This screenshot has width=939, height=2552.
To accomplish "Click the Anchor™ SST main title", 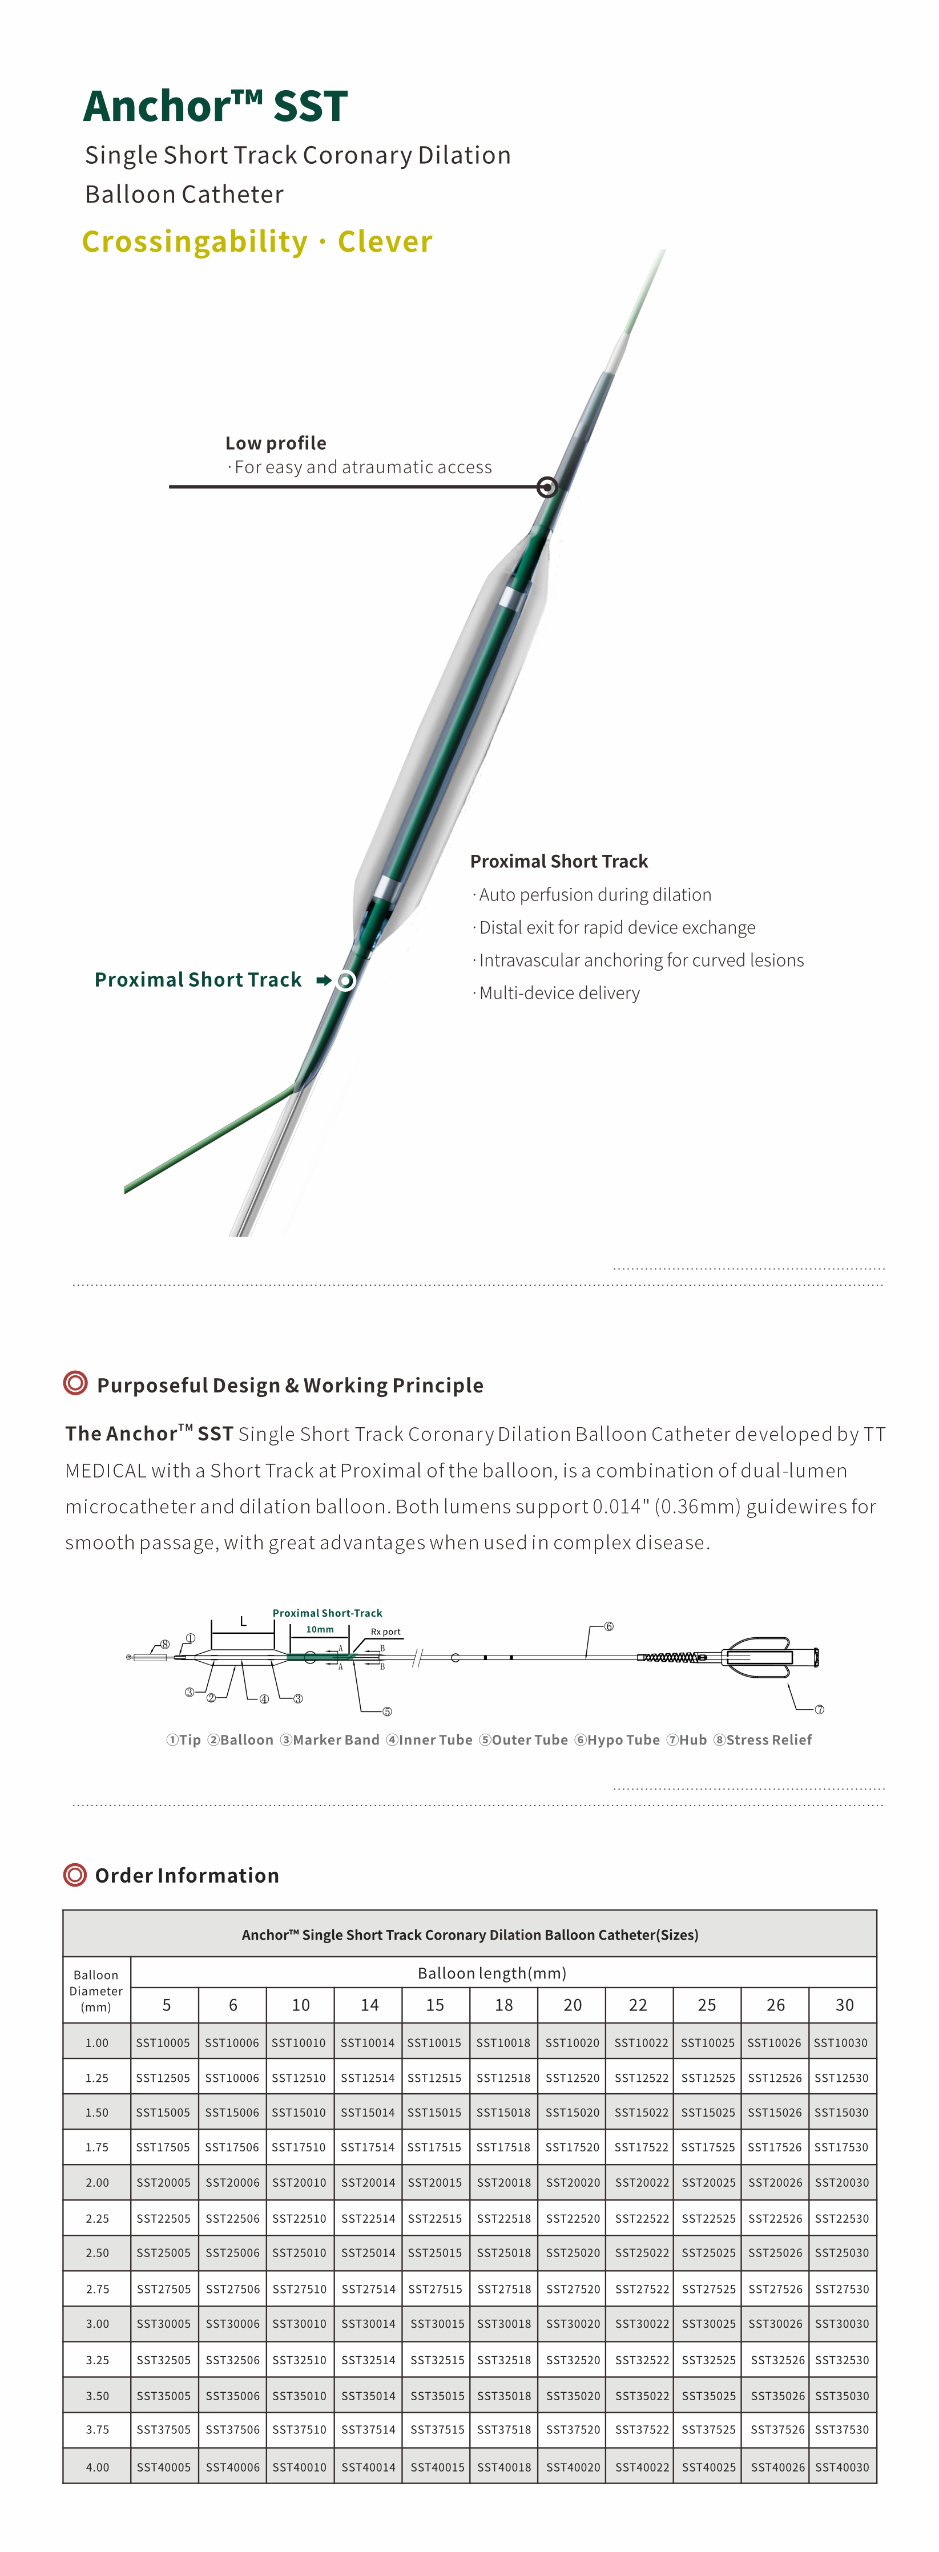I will (x=215, y=106).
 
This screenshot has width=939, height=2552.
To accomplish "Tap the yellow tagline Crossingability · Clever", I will (x=256, y=242).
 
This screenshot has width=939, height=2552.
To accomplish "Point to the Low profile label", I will (x=275, y=443).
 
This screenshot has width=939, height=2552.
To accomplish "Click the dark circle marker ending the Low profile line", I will (x=547, y=486).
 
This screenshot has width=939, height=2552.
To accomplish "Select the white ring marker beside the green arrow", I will (x=345, y=981).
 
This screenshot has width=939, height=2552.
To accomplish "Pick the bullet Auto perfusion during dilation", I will (x=594, y=895).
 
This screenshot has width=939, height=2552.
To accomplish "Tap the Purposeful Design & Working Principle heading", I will (x=289, y=1385).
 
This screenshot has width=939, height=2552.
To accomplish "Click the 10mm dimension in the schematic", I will (x=319, y=1629).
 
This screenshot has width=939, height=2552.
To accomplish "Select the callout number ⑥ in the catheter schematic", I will (x=608, y=1626).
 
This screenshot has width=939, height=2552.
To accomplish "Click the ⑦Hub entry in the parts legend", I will (x=687, y=1739).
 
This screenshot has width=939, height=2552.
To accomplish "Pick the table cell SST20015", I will (x=435, y=2182).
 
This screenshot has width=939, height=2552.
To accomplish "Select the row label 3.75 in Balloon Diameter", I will (x=97, y=2429).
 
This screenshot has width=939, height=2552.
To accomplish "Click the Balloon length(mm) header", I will (x=491, y=1972).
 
